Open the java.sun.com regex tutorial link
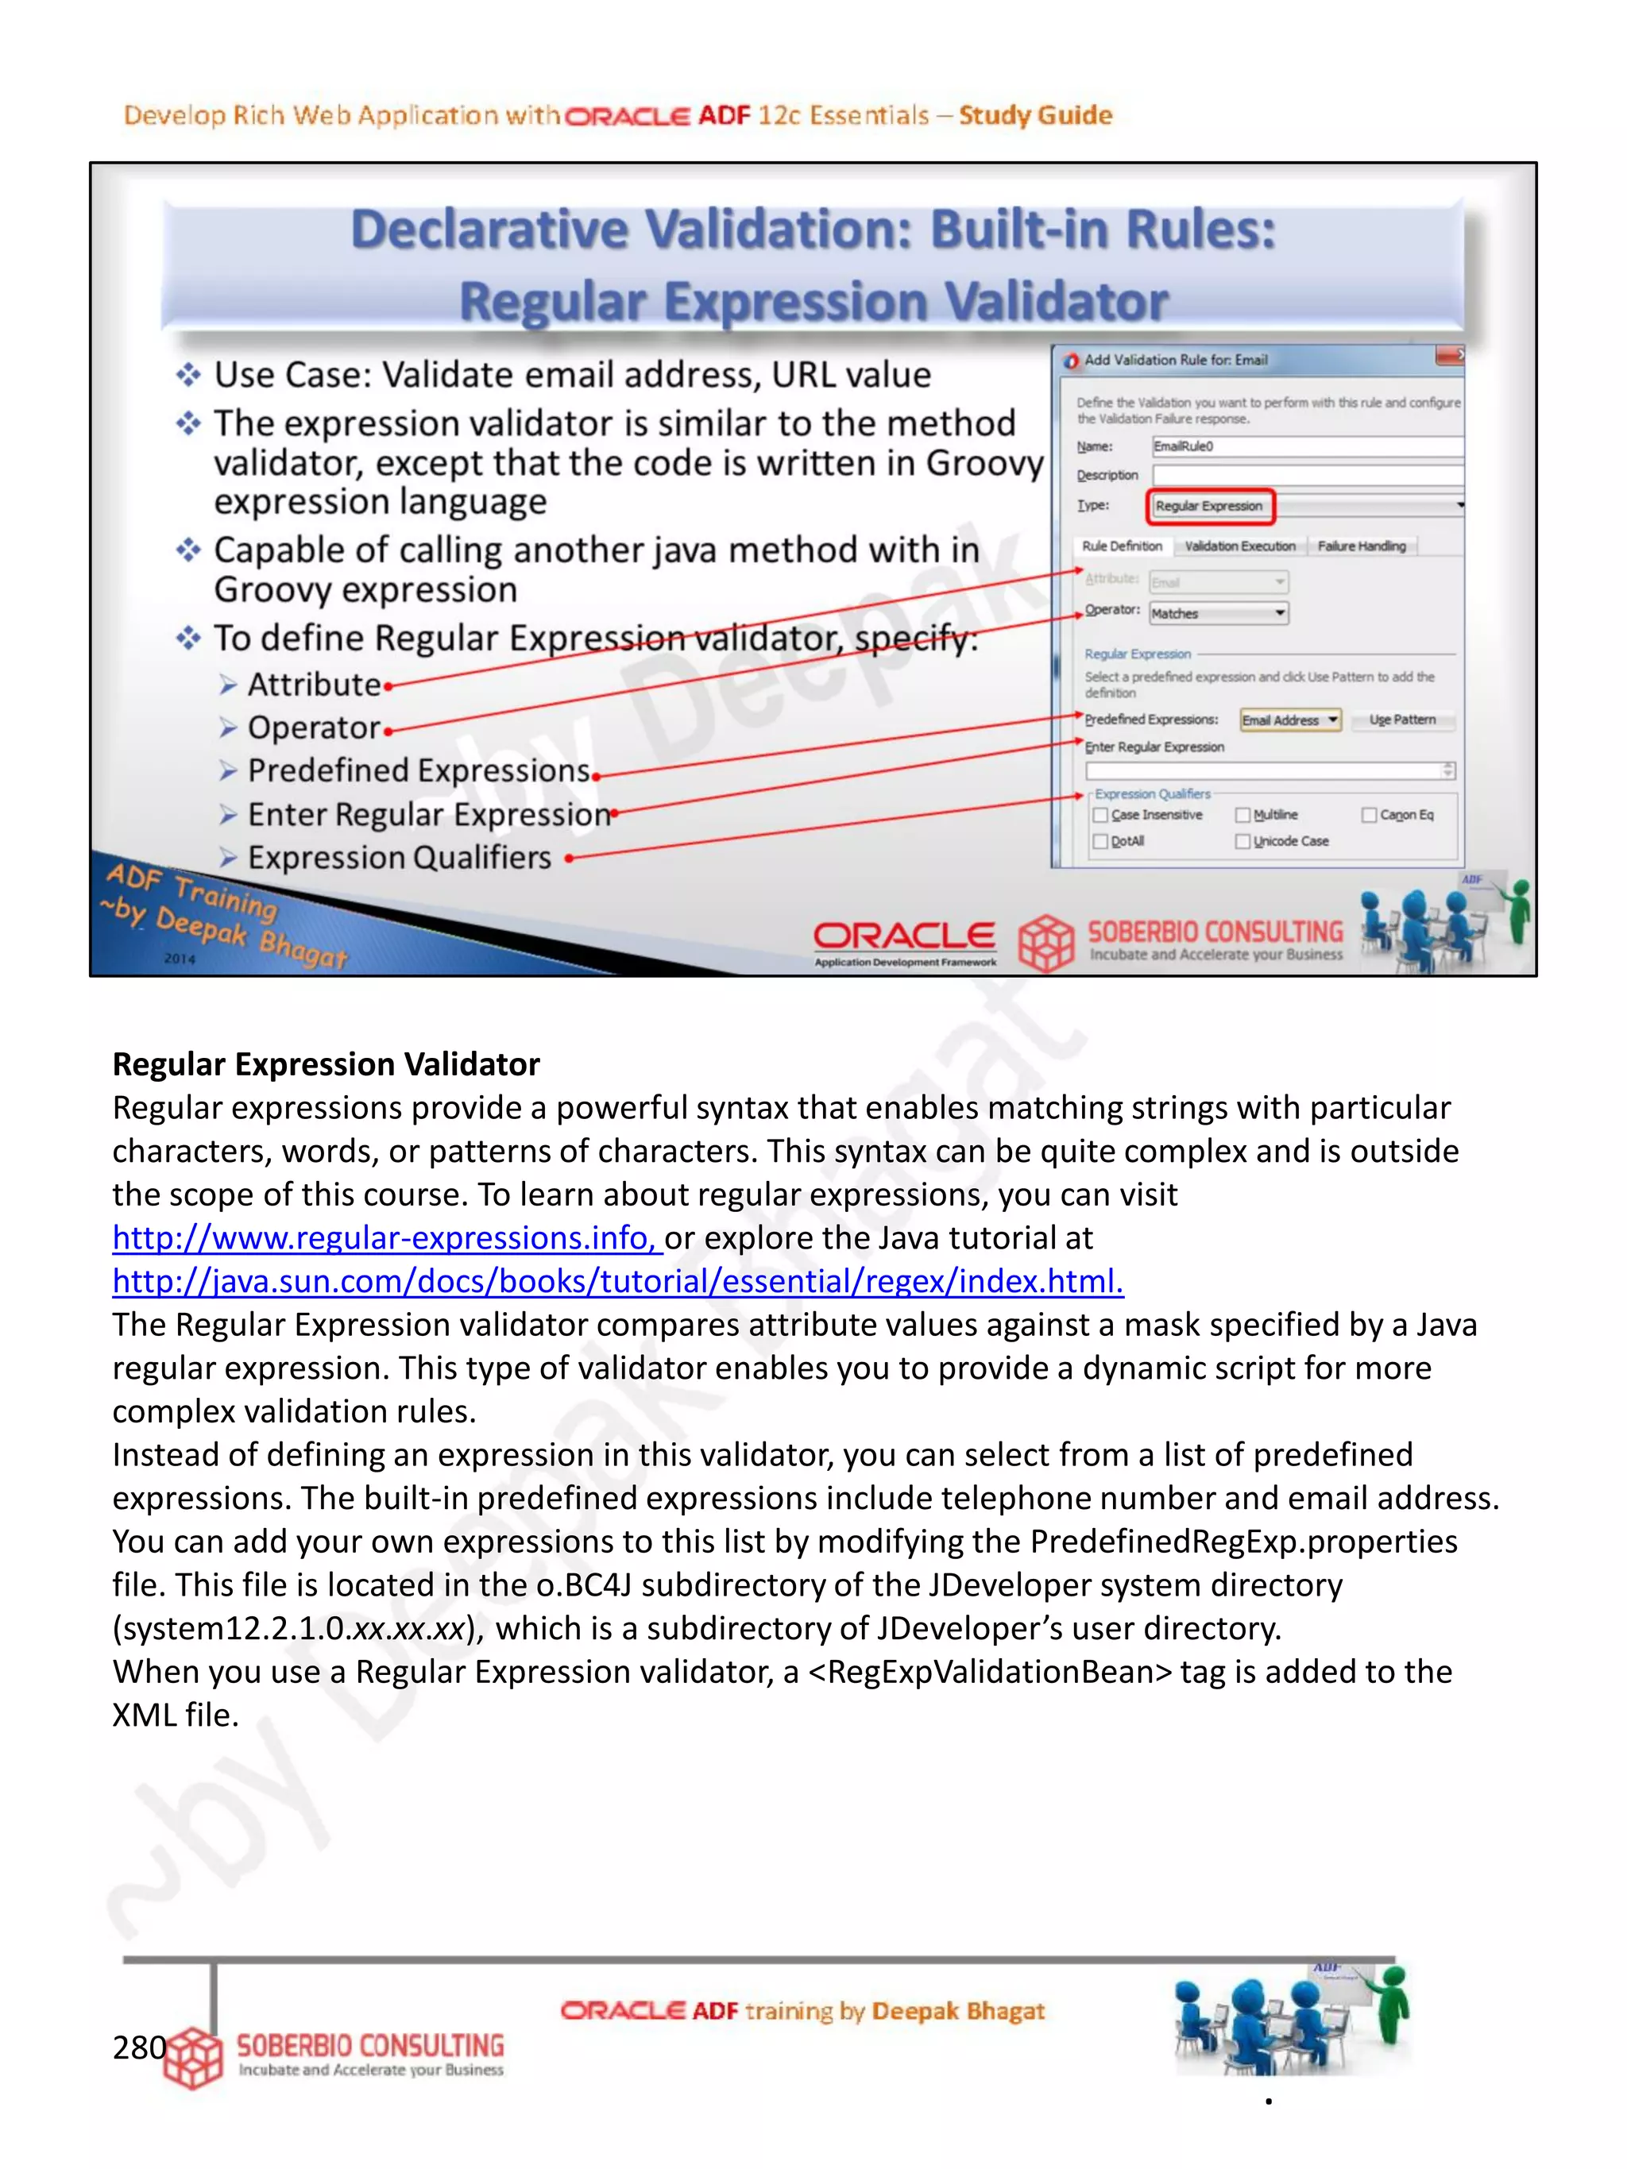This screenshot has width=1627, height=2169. click(x=618, y=1282)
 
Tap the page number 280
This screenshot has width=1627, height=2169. click(x=138, y=2047)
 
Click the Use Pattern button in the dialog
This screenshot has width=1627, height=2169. click(x=1401, y=720)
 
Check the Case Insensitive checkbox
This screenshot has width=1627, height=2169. click(x=1100, y=815)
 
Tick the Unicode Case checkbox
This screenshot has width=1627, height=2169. click(x=1242, y=841)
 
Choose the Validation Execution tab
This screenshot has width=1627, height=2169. click(x=1239, y=546)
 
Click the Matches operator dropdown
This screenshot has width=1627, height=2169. click(x=1218, y=614)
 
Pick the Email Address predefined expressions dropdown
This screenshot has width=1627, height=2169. click(x=1289, y=720)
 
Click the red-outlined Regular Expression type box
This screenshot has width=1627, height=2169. click(x=1209, y=506)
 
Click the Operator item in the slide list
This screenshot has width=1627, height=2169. click(x=313, y=728)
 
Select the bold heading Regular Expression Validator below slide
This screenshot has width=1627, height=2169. click(x=326, y=1065)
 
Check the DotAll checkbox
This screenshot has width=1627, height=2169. click(x=1100, y=841)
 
